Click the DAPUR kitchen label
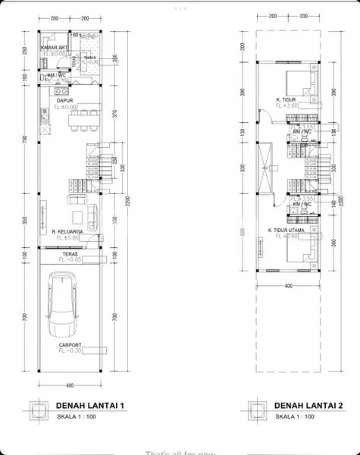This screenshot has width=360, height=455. coord(64,99)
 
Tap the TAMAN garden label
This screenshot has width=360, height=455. coord(89,58)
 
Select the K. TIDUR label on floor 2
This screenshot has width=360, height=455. coord(285,99)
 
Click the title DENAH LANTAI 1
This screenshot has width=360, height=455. coord(89,405)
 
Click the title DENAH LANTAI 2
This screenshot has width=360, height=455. coord(308,405)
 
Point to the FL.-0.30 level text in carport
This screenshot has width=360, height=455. coord(70,352)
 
